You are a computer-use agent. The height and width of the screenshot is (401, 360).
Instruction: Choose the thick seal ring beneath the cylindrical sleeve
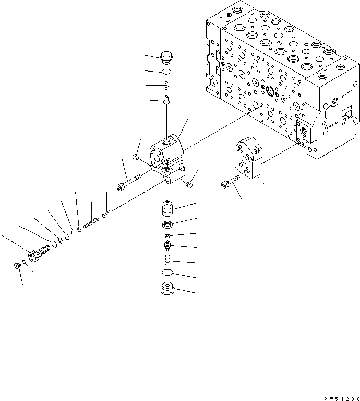coord(167,225)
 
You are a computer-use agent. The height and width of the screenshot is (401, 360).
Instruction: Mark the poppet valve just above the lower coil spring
coord(167,245)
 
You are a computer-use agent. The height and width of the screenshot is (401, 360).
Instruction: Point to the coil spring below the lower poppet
coord(167,260)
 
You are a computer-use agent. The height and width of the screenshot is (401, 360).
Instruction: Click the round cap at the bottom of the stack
coord(167,289)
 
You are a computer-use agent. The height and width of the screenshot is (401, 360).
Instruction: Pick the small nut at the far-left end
coord(17,266)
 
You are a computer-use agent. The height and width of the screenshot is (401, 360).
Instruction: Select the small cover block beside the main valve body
coord(249,159)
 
